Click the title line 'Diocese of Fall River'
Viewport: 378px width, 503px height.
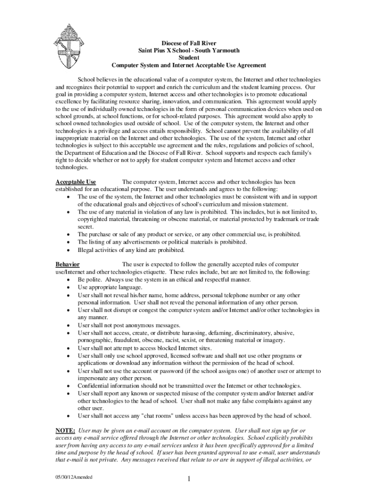189,43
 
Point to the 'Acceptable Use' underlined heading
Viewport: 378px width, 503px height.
76,182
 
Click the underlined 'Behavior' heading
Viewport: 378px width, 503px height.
68,265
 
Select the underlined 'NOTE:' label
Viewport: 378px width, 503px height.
65,430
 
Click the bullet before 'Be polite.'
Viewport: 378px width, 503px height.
67,280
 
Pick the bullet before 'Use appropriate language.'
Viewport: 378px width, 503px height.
67,287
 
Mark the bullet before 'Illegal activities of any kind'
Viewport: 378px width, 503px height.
67,250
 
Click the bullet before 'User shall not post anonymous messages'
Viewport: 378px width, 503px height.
67,325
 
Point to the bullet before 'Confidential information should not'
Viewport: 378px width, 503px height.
67,386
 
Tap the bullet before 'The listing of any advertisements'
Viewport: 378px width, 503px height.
67,242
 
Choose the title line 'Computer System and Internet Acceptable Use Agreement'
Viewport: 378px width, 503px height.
189,65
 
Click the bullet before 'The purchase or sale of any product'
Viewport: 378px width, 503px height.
67,235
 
